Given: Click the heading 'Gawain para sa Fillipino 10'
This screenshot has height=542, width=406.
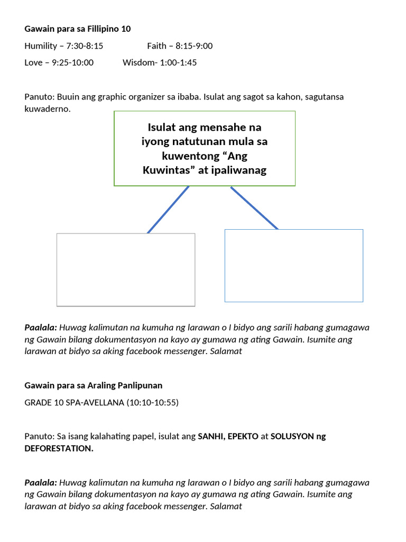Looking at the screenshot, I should (x=78, y=29).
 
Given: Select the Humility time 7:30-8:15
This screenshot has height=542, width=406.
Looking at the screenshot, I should (x=85, y=46).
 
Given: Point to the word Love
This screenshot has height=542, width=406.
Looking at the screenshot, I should (x=33, y=62).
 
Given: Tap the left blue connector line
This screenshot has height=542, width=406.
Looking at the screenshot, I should (x=168, y=210).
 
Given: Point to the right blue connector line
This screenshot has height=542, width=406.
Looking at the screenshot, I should (x=254, y=208).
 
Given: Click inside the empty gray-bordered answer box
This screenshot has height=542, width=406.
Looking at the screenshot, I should (x=126, y=269).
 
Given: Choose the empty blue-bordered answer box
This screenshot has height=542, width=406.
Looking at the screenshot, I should (x=294, y=266).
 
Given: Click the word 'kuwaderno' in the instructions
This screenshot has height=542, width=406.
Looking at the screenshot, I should (x=48, y=109).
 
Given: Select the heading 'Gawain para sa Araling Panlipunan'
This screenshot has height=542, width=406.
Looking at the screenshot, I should (x=93, y=385).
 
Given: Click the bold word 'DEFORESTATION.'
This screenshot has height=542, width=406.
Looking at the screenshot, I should (x=59, y=448).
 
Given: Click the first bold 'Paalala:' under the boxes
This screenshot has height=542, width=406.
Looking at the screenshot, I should (x=41, y=328).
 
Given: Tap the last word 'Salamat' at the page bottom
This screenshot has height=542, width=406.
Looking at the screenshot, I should (x=226, y=506).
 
